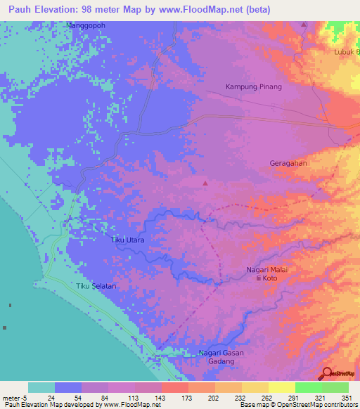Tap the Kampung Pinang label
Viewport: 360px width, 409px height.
tap(253, 87)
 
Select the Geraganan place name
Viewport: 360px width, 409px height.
tap(289, 163)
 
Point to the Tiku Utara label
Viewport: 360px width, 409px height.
tap(128, 240)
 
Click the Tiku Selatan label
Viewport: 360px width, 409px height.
tap(96, 286)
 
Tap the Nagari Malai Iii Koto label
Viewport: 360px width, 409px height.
tap(267, 273)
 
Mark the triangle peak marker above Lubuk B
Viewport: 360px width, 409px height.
tap(304, 25)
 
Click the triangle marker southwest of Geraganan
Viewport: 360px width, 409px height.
tap(205, 183)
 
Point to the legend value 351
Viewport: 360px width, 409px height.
tap(347, 397)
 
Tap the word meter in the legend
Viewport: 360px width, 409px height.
tap(10, 397)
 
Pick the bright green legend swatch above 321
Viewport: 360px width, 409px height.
tap(307, 387)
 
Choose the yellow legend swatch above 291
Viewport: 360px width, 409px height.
tap(281, 387)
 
